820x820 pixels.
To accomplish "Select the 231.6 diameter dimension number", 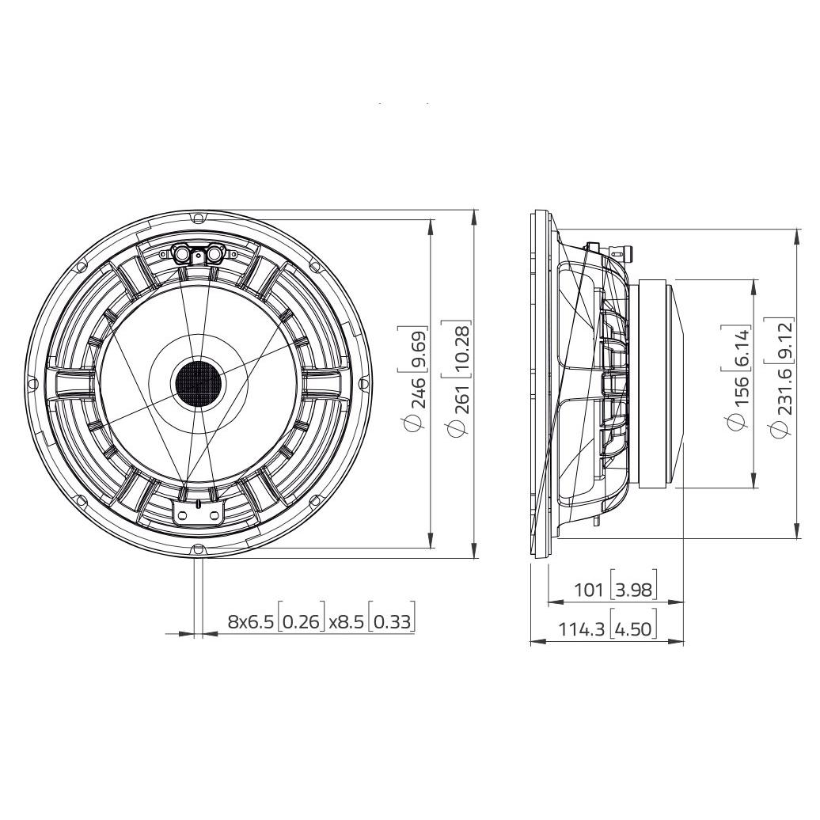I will click(x=782, y=404).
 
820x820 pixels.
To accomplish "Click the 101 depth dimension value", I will click(x=588, y=590).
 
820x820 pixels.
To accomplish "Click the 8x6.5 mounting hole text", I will click(x=250, y=621).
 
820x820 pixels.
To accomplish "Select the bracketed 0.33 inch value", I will click(x=393, y=621).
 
